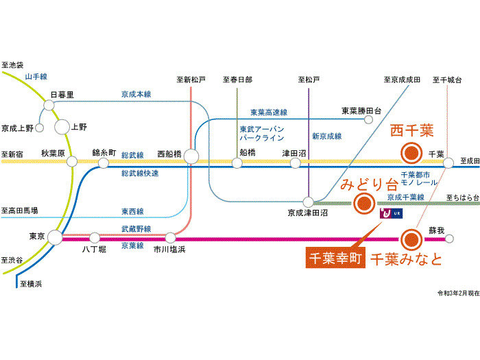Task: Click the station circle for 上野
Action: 62,126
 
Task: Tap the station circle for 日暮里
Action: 49,105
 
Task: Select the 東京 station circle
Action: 54,237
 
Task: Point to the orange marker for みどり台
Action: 363,202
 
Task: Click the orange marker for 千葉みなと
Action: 411,239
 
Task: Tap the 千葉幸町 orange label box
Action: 334,259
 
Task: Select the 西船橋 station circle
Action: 191,157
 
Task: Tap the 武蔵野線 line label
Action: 136,228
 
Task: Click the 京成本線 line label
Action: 136,95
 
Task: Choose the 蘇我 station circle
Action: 451,239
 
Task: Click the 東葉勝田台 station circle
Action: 369,119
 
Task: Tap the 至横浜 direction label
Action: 32,283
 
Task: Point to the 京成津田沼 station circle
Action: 309,202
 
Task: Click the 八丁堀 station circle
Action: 95,237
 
